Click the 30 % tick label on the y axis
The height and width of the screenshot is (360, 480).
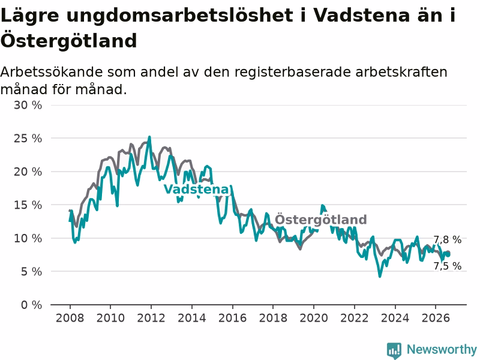coord(28,106)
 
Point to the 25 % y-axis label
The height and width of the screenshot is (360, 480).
coord(28,139)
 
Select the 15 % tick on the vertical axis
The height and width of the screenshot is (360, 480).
coord(28,205)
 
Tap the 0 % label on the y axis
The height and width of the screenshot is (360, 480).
coord(32,305)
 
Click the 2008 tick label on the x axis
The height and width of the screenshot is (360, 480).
coord(70,318)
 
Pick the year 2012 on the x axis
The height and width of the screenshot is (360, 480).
coord(151,318)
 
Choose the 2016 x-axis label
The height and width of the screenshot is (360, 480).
coord(232,318)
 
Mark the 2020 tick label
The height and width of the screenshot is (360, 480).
coord(314,318)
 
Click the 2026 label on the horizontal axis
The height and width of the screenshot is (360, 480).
coord(436,318)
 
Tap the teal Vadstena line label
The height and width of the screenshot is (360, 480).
coord(197,189)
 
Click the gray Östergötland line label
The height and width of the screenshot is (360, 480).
coord(320,220)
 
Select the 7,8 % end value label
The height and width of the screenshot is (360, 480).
coord(447,239)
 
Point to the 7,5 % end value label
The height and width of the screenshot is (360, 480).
coord(447,266)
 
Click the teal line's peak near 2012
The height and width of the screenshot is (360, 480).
coord(149,137)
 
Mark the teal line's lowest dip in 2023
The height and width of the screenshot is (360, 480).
coord(380,276)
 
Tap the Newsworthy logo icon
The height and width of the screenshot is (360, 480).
coord(394,350)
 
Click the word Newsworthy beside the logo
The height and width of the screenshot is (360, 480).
coord(442,349)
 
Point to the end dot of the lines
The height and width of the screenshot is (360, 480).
coord(448,254)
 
